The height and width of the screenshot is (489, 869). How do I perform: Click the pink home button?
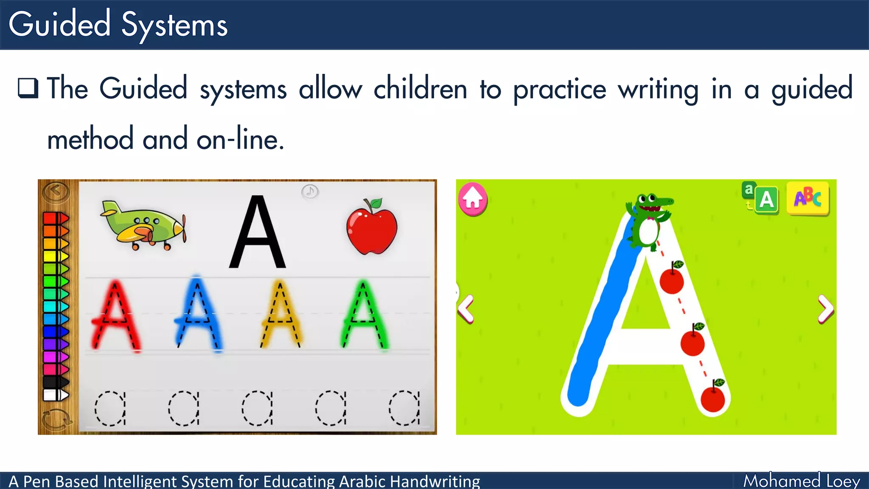tap(473, 199)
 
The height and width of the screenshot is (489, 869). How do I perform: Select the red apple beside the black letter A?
tap(372, 228)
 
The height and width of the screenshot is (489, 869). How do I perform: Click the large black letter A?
tap(258, 233)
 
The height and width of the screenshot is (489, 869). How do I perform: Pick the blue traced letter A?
tap(198, 315)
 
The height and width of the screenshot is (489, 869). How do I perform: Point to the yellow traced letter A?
tap(280, 315)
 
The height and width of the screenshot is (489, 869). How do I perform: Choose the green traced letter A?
tap(363, 315)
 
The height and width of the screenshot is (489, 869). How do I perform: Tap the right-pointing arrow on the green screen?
tap(825, 309)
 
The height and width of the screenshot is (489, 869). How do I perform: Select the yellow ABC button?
tap(807, 198)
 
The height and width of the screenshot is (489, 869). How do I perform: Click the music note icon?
tap(310, 191)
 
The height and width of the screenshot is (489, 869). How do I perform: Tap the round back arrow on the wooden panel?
tap(56, 191)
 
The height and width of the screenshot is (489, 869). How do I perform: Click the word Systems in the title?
tap(174, 25)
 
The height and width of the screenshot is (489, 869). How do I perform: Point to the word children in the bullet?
tap(420, 89)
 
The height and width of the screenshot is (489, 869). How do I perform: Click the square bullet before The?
tap(28, 88)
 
